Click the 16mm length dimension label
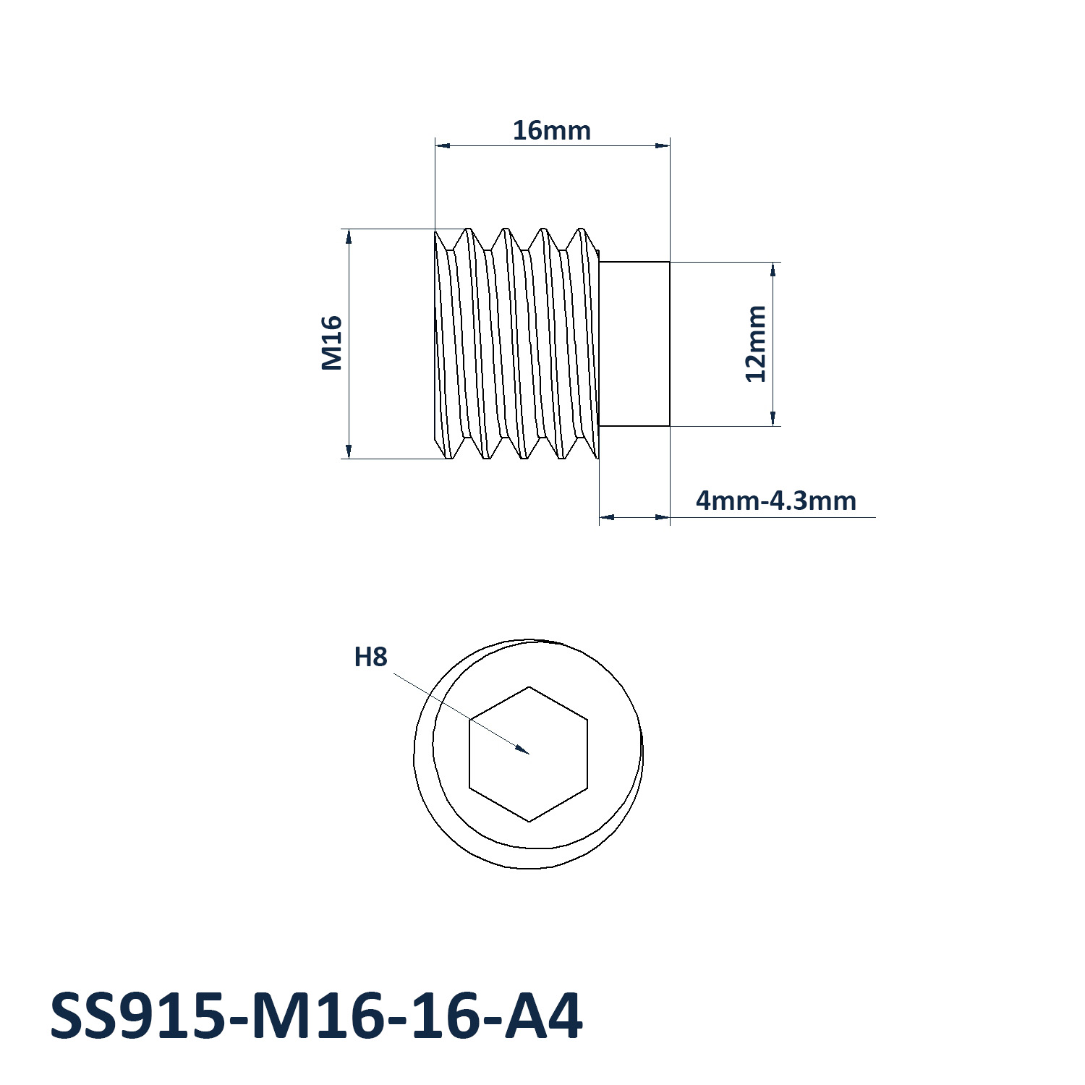pyautogui.click(x=551, y=131)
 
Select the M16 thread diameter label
pyautogui.click(x=331, y=343)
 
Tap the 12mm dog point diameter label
pyautogui.click(x=755, y=344)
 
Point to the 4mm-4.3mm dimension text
pyautogui.click(x=775, y=501)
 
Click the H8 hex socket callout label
pyautogui.click(x=370, y=657)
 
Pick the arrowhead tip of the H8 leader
pyautogui.click(x=529, y=753)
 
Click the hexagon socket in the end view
pyautogui.click(x=529, y=754)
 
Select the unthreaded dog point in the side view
pyautogui.click(x=634, y=344)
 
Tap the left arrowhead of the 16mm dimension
pyautogui.click(x=436, y=145)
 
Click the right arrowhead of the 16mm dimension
pyautogui.click(x=669, y=145)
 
